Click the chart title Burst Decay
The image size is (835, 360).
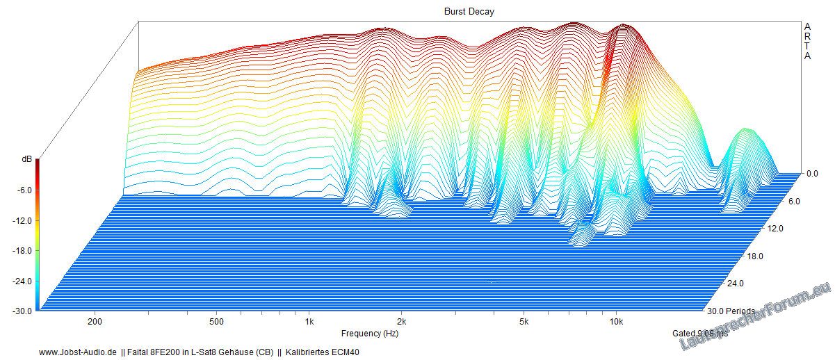[x=469, y=12]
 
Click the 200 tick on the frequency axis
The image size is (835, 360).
[x=96, y=322]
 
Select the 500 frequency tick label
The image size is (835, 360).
[x=217, y=322]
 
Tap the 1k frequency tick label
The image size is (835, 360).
[x=309, y=322]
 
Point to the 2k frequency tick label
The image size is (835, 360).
[x=401, y=322]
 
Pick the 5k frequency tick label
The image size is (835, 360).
[x=524, y=322]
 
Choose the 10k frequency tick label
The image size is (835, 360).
[x=616, y=322]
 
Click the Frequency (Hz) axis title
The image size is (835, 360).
[x=370, y=334]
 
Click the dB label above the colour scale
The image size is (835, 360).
[x=26, y=160]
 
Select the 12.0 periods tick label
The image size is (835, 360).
[x=755, y=229]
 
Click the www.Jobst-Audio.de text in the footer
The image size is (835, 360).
[x=77, y=352]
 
